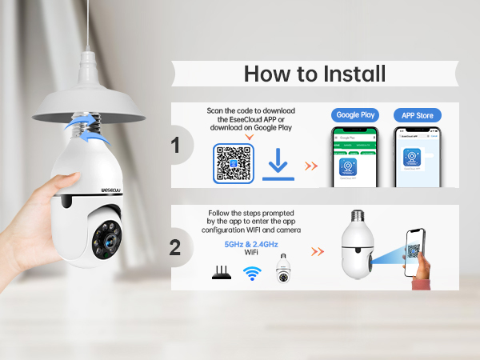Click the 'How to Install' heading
314,74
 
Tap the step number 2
176,246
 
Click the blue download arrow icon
277,164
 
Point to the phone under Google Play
354,158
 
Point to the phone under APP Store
417,158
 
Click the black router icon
220,273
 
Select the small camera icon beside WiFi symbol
282,270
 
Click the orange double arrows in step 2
318,251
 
